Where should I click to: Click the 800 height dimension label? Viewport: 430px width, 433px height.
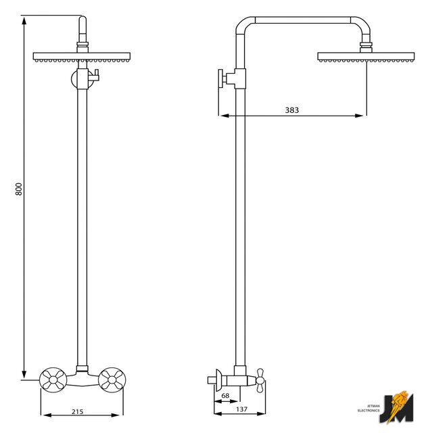click(18, 189)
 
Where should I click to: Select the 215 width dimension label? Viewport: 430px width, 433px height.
click(77, 411)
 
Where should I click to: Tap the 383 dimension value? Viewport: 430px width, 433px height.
click(291, 110)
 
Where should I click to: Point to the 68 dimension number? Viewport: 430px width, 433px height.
click(225, 395)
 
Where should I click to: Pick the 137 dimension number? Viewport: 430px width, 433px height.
click(241, 409)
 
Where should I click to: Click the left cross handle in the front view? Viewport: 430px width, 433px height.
click(53, 380)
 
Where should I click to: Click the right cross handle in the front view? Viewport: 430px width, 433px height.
click(112, 380)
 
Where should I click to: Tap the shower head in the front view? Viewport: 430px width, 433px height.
click(82, 57)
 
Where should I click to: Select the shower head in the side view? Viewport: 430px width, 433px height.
click(366, 57)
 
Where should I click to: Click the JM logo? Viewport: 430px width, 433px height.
click(397, 407)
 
